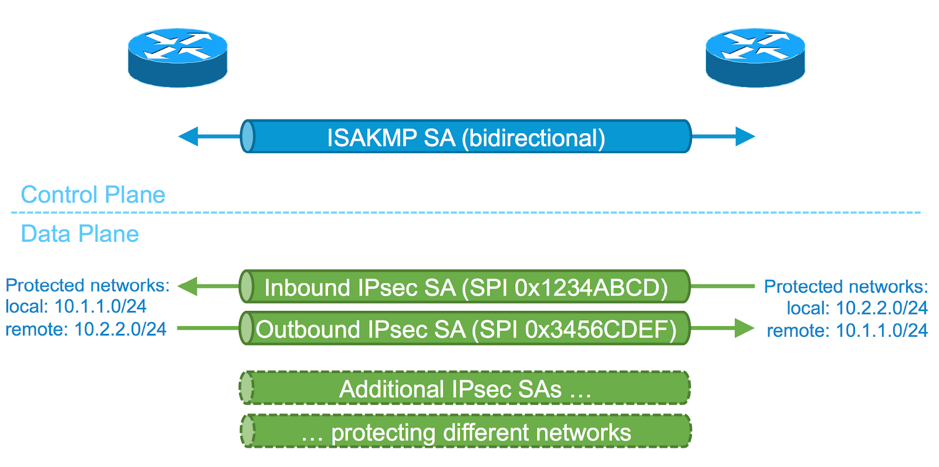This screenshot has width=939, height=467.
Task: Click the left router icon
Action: point(177,57)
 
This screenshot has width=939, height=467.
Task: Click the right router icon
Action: point(755,57)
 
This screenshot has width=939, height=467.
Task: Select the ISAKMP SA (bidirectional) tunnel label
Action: point(465,138)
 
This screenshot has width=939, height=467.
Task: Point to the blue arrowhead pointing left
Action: point(188,137)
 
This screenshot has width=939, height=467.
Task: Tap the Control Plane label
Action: point(93,195)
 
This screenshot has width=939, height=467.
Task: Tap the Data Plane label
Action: point(80,234)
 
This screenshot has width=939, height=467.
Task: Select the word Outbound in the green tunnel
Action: point(308,330)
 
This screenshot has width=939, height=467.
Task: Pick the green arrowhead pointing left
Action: point(188,286)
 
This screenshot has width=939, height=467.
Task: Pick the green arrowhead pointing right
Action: point(744,329)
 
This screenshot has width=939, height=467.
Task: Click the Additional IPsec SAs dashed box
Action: point(465,388)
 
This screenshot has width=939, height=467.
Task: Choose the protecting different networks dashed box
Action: point(466,432)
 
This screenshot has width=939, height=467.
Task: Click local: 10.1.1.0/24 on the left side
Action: point(76,307)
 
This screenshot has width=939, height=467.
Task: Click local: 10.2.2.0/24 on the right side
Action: point(857,308)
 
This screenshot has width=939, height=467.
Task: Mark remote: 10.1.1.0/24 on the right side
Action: point(847,331)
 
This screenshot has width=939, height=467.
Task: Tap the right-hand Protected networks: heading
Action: point(846,287)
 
